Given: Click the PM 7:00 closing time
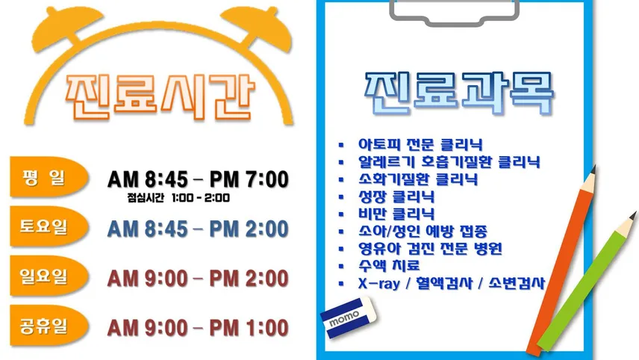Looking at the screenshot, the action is [x=249, y=179].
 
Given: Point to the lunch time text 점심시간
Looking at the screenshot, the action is [x=146, y=198].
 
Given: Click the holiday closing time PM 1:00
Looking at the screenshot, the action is [x=249, y=328].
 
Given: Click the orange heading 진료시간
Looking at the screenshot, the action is [x=160, y=97].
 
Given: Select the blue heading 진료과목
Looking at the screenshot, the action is [x=459, y=93].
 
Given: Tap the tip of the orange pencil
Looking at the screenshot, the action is [x=593, y=167].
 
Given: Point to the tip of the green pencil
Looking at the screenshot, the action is [x=633, y=214].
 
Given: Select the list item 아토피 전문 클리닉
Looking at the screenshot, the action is [x=420, y=144].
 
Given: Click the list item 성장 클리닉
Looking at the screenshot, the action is [x=396, y=196].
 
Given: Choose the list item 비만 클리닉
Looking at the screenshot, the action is [x=396, y=214].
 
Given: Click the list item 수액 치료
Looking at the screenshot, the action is [x=389, y=265].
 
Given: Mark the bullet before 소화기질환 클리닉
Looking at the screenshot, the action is [x=341, y=179].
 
